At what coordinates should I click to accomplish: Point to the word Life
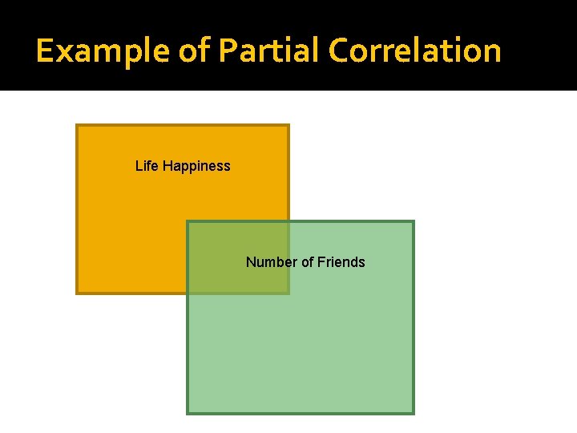[147, 166]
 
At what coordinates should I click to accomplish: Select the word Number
[269, 262]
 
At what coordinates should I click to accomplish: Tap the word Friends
[341, 262]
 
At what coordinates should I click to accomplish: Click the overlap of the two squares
[238, 257]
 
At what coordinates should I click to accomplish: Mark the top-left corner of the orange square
[77, 125]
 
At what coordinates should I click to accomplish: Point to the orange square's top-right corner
[288, 125]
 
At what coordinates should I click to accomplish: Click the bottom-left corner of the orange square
[77, 293]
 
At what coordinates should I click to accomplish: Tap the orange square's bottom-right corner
[288, 293]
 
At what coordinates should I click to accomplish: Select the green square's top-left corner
[188, 221]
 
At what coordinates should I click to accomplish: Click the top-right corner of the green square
[414, 221]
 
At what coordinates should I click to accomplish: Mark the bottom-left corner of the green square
[188, 414]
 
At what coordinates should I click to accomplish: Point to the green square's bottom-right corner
[414, 414]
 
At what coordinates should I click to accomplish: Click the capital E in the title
[45, 51]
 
